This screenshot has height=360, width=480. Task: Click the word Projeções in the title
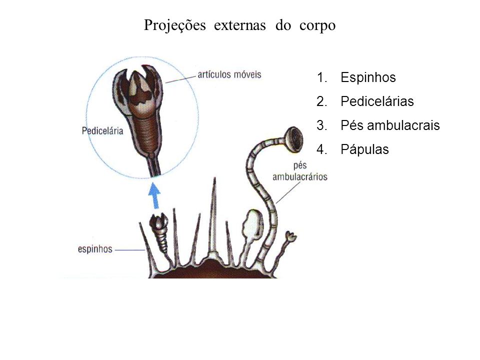tap(175, 25)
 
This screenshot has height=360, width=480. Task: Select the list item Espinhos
tap(368, 77)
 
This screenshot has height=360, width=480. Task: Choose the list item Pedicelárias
tap(377, 101)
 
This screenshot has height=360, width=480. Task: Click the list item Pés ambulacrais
tap(390, 125)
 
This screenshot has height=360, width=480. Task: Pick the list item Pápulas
tap(364, 149)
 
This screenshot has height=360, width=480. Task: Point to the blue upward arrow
tap(154, 195)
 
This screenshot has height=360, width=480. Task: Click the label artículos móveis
tap(229, 74)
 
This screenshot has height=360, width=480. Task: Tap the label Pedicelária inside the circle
tap(102, 131)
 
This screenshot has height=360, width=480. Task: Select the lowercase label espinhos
tap(95, 249)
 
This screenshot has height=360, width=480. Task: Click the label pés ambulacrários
tap(300, 171)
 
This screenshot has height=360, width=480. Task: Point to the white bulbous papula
tap(252, 225)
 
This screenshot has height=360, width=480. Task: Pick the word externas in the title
tap(240, 25)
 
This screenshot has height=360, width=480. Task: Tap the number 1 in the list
tap(321, 77)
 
